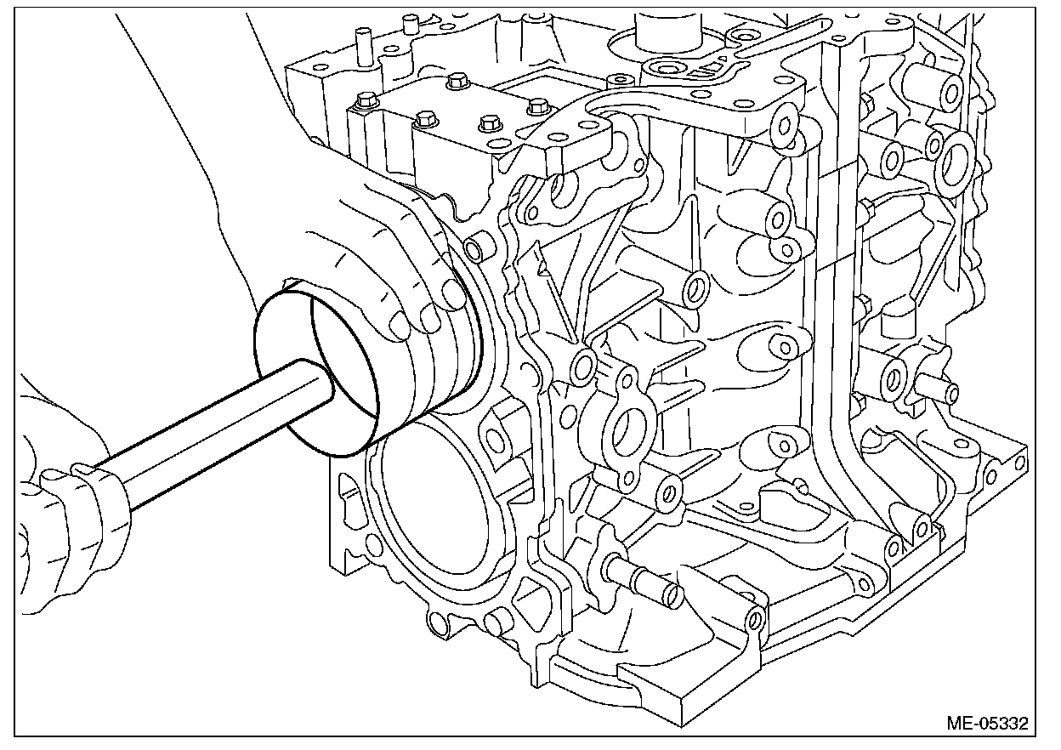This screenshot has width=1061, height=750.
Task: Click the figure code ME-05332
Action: [x=987, y=724]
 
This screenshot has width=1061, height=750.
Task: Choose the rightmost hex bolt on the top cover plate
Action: [x=536, y=107]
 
